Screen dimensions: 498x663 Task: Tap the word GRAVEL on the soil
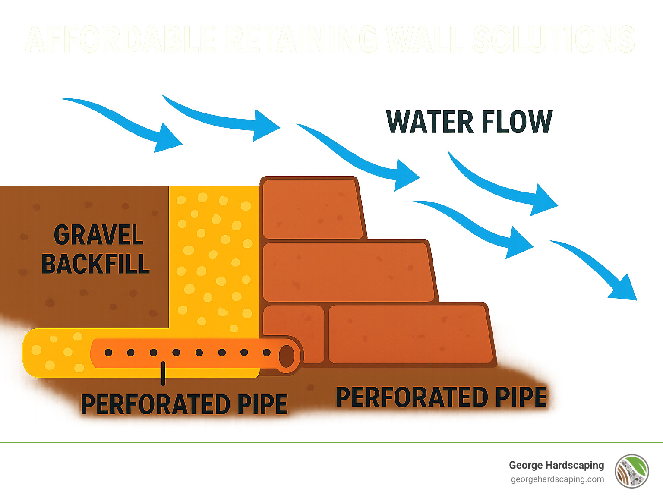[98, 235]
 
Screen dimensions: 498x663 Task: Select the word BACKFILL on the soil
[96, 264]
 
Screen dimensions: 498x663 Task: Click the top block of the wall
[312, 209]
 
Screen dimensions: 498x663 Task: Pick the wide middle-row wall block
[347, 272]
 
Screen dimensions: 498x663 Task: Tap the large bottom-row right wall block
[410, 334]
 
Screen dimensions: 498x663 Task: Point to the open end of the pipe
[286, 356]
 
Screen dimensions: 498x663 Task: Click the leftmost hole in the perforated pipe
[108, 353]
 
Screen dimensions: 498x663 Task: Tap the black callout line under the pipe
[163, 373]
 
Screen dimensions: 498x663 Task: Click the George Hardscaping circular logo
[632, 471]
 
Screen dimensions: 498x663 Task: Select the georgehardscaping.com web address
[557, 479]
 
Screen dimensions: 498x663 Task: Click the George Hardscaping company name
[556, 465]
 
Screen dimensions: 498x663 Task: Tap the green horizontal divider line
[331, 442]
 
